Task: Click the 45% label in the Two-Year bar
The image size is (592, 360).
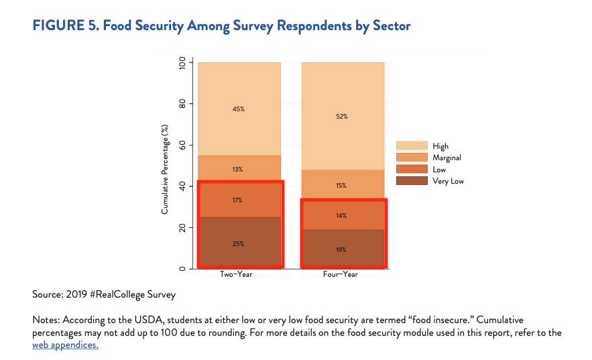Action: (238, 109)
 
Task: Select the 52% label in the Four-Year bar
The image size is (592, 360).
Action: (342, 116)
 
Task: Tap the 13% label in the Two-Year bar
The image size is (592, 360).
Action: (238, 170)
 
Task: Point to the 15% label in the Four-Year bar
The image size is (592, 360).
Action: (342, 185)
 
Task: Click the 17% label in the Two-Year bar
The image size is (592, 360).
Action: (238, 200)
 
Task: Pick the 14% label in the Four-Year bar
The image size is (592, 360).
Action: (342, 215)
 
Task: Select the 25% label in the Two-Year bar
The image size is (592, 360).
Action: (238, 243)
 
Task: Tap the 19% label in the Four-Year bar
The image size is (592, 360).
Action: (342, 249)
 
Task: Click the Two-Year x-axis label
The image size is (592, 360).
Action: (238, 275)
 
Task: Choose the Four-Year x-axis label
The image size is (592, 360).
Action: (342, 275)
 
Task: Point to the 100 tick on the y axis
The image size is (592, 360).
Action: (182, 63)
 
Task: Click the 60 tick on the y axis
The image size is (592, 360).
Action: (182, 145)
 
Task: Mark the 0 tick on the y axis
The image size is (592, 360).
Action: (182, 269)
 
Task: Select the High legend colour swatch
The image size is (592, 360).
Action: (412, 145)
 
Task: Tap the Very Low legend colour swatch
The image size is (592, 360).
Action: (412, 181)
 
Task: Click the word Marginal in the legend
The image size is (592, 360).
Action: (447, 158)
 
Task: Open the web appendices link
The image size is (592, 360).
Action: (65, 345)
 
